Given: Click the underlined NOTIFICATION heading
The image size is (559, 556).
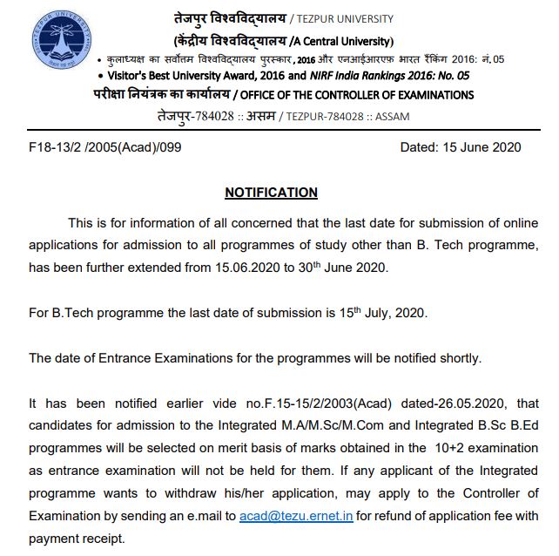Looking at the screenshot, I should pos(271,192).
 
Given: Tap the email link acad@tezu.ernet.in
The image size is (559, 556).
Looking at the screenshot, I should pos(297,516).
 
